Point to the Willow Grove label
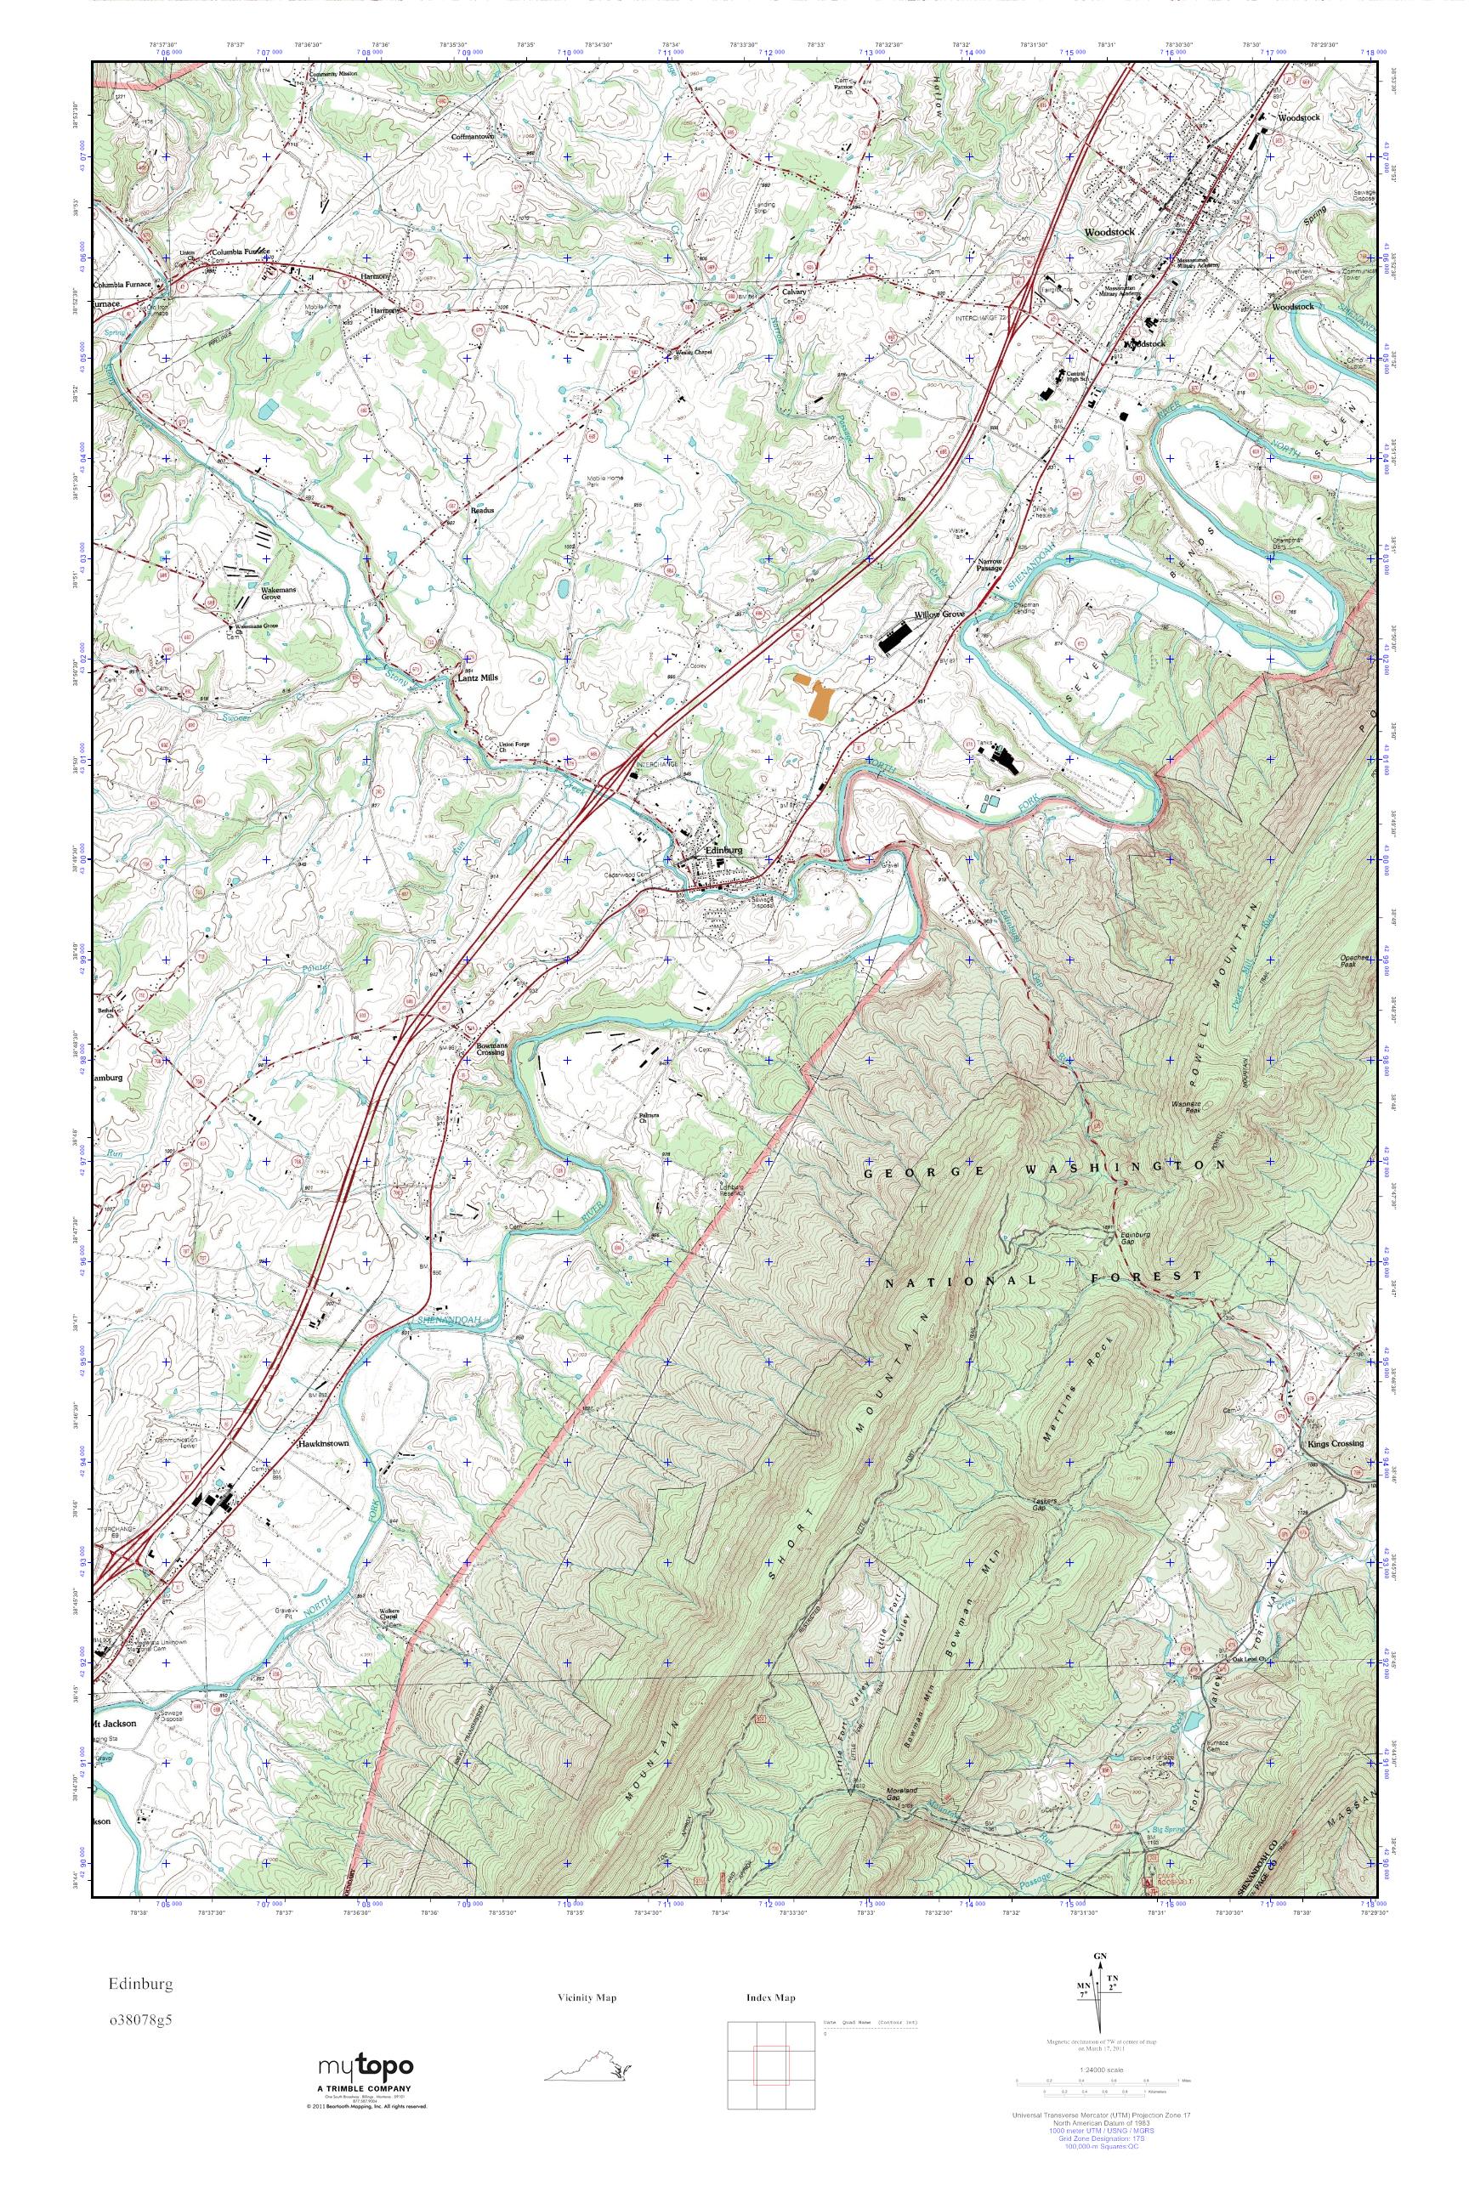[939, 615]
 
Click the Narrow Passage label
[990, 565]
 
